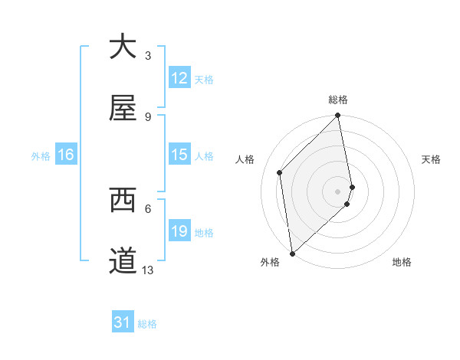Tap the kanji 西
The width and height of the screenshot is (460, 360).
123,201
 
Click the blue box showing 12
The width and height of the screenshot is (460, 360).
179,78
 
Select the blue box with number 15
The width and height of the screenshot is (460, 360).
179,155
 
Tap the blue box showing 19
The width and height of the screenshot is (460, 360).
179,231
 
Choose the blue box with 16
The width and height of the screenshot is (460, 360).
66,155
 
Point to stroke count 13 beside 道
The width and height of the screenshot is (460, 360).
148,270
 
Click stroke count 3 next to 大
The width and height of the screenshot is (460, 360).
148,55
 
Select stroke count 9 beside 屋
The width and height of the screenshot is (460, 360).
148,116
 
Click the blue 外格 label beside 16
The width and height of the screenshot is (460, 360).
41,155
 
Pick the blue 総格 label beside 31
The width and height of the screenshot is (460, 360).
147,324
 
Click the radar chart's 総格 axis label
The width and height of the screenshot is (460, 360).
338,100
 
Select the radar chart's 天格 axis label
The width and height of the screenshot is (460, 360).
431,159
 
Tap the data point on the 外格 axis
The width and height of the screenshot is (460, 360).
291,253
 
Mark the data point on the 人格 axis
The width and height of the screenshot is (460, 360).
280,172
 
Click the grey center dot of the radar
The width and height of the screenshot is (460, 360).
338,191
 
